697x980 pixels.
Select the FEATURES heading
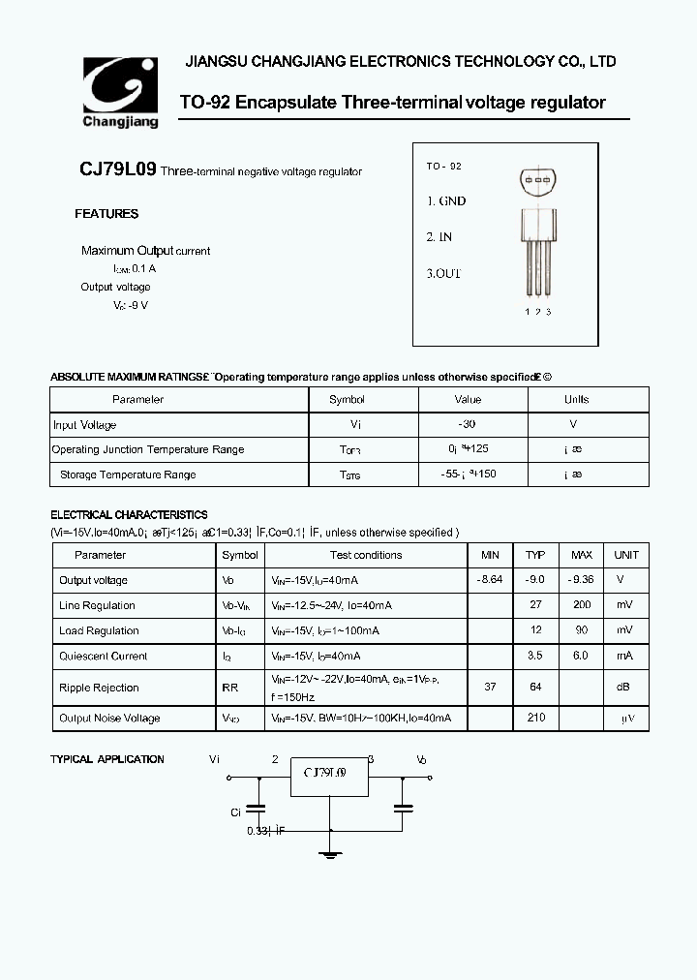point(106,214)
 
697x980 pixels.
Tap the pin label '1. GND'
point(446,201)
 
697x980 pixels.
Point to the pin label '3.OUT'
point(444,273)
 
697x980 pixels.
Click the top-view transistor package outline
point(538,182)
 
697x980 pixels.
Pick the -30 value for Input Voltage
point(467,424)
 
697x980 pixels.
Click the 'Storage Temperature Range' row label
point(128,475)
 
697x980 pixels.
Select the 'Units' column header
point(576,399)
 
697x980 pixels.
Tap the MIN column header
point(491,555)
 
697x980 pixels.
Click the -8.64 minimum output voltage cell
point(491,580)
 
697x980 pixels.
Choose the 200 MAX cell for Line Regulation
point(581,605)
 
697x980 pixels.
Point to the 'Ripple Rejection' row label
point(99,688)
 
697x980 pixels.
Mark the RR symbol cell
point(229,688)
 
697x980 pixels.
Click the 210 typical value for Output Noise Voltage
point(535,718)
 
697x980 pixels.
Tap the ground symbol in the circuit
point(331,852)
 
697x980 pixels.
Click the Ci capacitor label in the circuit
point(235,812)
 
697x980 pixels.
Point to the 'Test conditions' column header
point(365,555)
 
